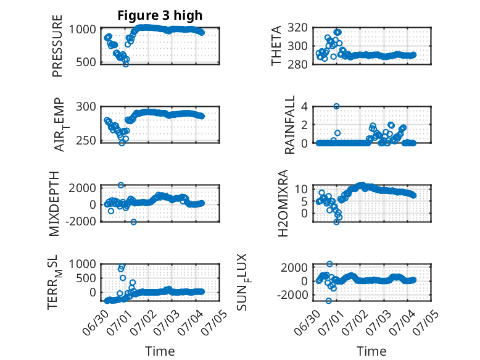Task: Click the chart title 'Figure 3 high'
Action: (x=160, y=15)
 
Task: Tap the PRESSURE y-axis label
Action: (x=57, y=46)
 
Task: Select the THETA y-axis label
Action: (x=276, y=46)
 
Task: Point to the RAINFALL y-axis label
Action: (x=289, y=125)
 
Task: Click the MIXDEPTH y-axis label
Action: (x=54, y=204)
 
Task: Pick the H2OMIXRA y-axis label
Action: (x=283, y=203)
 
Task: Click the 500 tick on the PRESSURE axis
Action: (x=86, y=62)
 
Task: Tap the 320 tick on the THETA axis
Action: (x=297, y=28)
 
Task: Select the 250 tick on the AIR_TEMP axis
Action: (x=86, y=141)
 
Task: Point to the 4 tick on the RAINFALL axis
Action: (x=304, y=107)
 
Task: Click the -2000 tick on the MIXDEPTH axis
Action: (x=81, y=221)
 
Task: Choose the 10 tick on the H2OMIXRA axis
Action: (x=301, y=189)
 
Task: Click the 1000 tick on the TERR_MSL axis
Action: (x=82, y=264)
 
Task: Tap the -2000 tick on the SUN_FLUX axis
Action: (x=292, y=295)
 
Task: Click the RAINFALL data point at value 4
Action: (x=336, y=106)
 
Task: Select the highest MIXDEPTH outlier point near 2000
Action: (x=121, y=185)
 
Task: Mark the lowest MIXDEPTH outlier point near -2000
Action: (x=133, y=222)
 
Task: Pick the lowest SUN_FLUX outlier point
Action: (x=328, y=301)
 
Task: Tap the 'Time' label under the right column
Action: (x=371, y=351)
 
